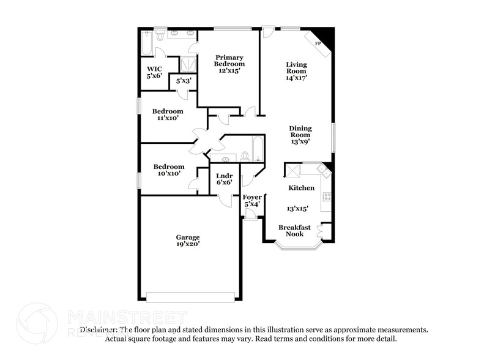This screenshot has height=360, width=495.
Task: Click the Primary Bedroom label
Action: (229, 61)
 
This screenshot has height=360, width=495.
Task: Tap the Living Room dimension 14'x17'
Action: (297, 78)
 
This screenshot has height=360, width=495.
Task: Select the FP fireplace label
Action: (318, 44)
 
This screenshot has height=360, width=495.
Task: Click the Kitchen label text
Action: (302, 188)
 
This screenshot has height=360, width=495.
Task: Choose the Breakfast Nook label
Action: (294, 230)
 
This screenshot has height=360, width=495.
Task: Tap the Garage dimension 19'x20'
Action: (188, 244)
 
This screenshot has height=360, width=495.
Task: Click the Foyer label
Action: (252, 197)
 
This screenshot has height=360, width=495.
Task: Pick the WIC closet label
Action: (153, 69)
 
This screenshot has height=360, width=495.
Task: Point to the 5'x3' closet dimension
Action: (184, 81)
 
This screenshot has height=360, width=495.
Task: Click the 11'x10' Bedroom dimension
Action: (168, 118)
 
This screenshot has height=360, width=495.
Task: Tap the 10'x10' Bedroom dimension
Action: (168, 174)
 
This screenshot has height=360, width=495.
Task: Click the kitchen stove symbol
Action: (327, 197)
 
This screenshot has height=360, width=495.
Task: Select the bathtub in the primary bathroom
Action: (146, 43)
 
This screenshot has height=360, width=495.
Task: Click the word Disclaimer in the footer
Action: (98, 329)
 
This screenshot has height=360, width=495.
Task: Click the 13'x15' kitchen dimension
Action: (297, 208)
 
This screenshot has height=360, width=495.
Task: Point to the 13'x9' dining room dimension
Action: (300, 141)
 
